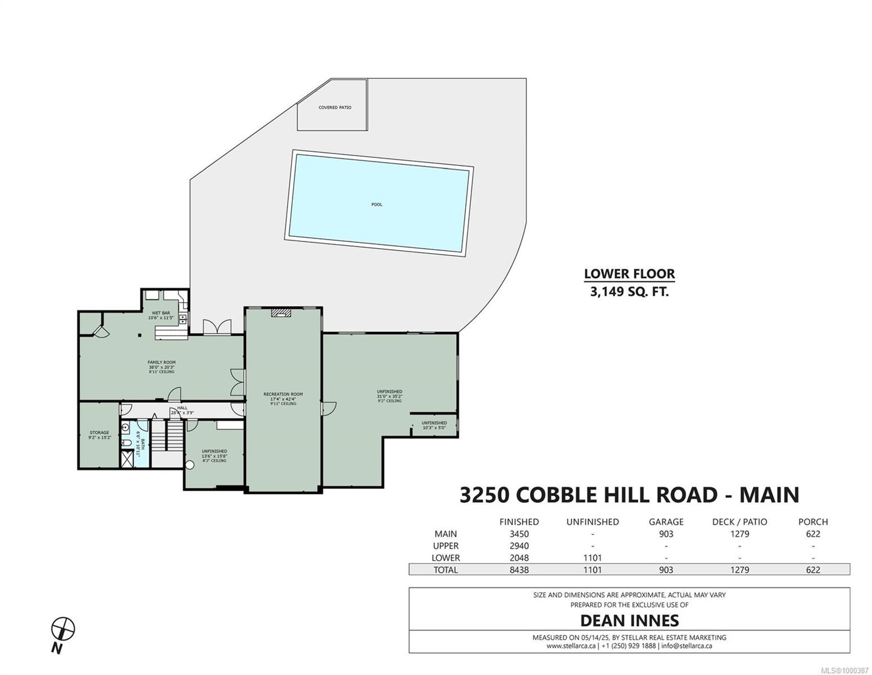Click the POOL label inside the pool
pos(376,204)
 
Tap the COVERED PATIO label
pos(335,107)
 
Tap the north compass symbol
pos(63,629)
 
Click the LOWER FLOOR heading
pos(629,274)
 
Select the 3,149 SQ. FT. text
pos(629,292)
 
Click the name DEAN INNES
pos(629,620)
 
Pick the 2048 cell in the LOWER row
pos(519,558)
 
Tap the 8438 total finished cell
pos(519,570)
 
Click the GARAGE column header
pos(666,522)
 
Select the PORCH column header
pos(813,522)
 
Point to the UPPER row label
pos(446,546)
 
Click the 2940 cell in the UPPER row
pos(519,546)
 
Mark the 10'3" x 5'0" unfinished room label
pos(434,425)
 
